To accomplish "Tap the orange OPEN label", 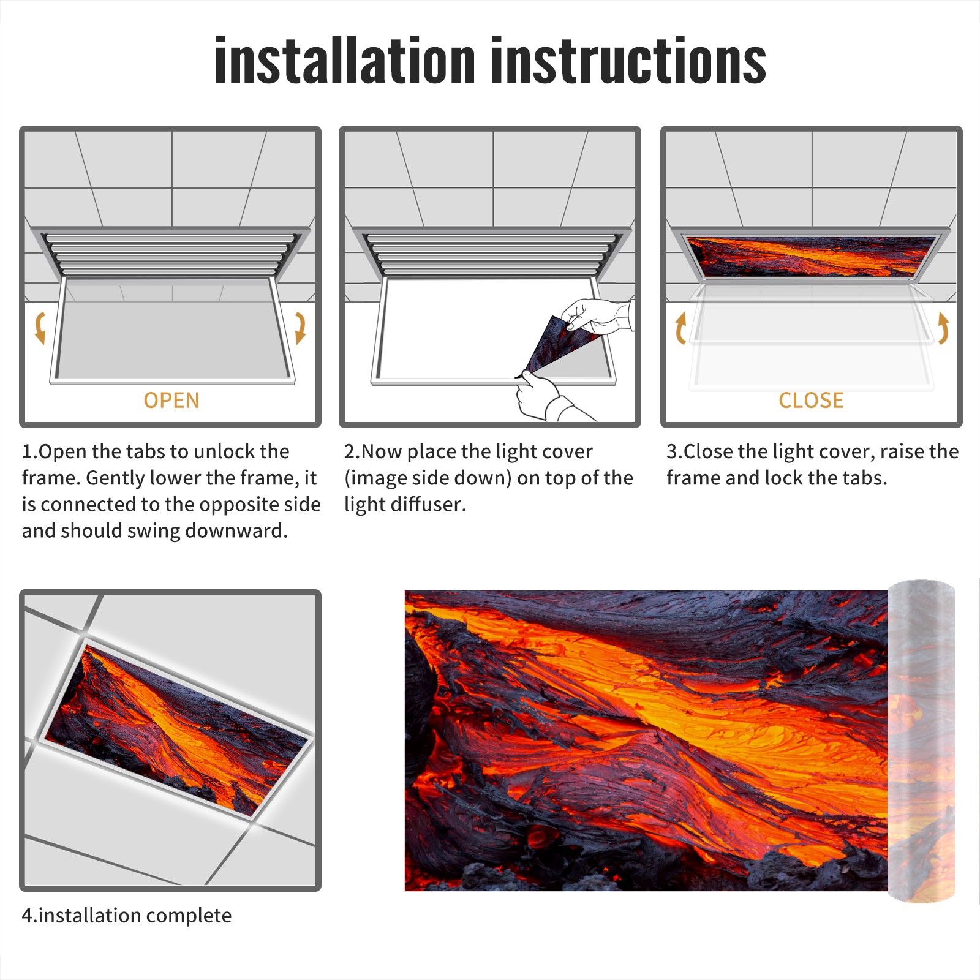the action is click(x=171, y=400).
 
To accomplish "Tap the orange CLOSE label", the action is click(x=811, y=400).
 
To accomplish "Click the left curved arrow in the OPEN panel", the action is click(x=40, y=328).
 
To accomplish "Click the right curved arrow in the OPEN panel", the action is click(x=300, y=328).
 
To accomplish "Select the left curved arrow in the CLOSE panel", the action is click(x=680, y=328).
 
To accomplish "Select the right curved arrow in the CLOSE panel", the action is click(x=943, y=328).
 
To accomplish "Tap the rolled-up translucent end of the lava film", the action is click(x=921, y=741).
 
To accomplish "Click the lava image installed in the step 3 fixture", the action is click(x=811, y=257).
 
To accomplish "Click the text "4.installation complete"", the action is click(x=127, y=915).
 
